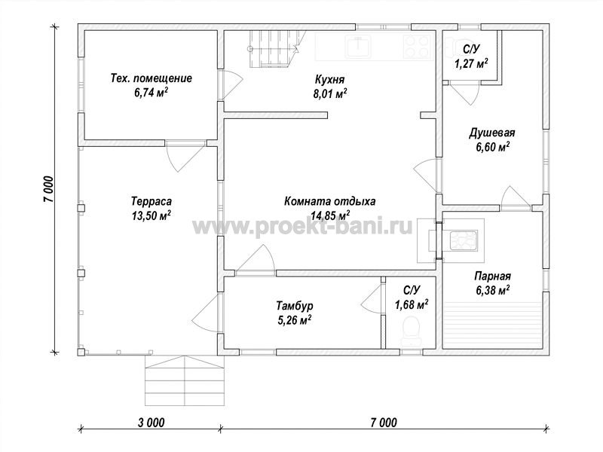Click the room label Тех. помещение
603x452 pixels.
152,78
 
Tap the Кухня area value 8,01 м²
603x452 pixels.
330,94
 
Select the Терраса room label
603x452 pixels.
152,201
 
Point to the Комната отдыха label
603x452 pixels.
330,201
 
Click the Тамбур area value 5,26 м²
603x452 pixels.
294,319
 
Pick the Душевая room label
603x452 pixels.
492,133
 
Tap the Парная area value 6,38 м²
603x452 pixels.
493,291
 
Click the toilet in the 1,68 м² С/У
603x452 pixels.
411,331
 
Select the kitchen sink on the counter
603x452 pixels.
358,47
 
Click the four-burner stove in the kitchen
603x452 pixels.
418,47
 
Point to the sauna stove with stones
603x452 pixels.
464,240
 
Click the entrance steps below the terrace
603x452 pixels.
185,380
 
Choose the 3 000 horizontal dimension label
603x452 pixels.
152,423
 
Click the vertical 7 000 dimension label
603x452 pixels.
48,190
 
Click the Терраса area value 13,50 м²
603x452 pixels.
152,215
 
